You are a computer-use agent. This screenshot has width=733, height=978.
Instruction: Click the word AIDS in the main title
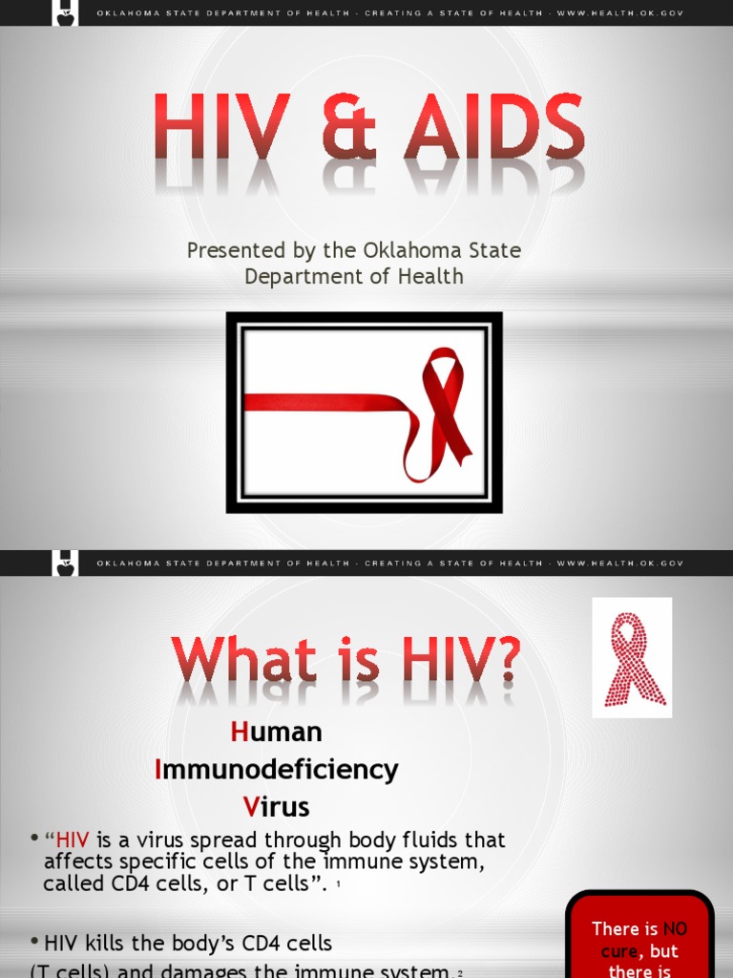pos(493,127)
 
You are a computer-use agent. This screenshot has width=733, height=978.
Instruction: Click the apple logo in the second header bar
pos(66,563)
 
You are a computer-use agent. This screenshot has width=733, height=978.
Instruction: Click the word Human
pos(277,733)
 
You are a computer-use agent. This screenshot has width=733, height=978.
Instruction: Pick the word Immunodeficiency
pos(277,769)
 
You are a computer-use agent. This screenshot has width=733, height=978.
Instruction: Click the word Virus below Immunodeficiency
pos(277,806)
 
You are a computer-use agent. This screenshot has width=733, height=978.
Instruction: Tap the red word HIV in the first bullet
pos(73,840)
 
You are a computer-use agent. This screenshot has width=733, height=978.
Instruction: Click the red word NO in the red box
pos(675,928)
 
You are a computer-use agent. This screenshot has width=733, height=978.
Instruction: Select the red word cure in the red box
pos(619,951)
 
